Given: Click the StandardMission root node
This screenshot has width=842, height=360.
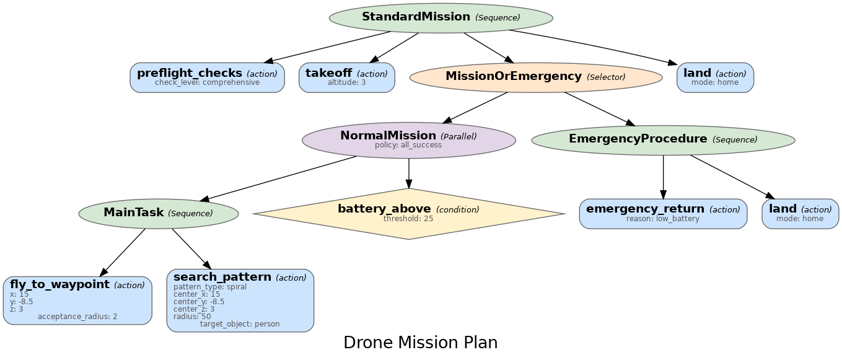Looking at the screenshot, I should tap(441, 17).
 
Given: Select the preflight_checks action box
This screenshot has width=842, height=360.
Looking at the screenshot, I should tap(207, 77).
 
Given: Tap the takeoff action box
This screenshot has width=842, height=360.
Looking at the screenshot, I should tap(346, 77).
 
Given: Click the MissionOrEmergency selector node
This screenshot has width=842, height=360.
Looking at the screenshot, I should tap(536, 77).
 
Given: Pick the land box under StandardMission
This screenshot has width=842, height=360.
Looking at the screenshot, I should tap(715, 77).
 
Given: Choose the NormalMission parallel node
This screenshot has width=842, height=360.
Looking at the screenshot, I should tap(408, 139).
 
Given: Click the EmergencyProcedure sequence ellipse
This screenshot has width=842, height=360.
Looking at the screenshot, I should tap(663, 139).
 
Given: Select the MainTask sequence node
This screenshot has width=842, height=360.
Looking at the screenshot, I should tap(158, 213).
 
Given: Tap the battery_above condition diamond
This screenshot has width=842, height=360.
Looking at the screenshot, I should tap(408, 213).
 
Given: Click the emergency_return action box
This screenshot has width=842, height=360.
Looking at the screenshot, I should tap(663, 213).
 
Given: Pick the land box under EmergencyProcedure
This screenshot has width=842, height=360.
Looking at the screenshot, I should tap(800, 213).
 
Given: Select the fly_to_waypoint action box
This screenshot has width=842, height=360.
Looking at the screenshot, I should tap(77, 300).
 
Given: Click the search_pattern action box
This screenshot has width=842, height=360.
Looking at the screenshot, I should tap(240, 300).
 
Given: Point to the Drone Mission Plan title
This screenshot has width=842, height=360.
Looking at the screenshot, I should tap(420, 343).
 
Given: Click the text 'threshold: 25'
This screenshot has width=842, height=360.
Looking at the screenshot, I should tap(408, 219).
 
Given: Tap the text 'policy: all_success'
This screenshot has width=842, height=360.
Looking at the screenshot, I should tap(408, 145).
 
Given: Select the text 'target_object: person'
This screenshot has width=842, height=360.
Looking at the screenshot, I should tap(240, 324).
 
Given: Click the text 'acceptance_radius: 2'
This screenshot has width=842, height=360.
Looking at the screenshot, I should tap(77, 317).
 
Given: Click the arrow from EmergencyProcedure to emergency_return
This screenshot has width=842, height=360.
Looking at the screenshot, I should tap(663, 177).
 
